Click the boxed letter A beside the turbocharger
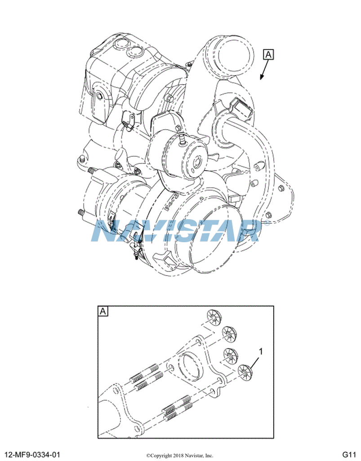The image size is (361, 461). pyautogui.click(x=268, y=55)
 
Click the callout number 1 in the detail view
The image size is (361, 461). pyautogui.click(x=261, y=350)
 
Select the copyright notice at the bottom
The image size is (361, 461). pyautogui.click(x=180, y=455)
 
